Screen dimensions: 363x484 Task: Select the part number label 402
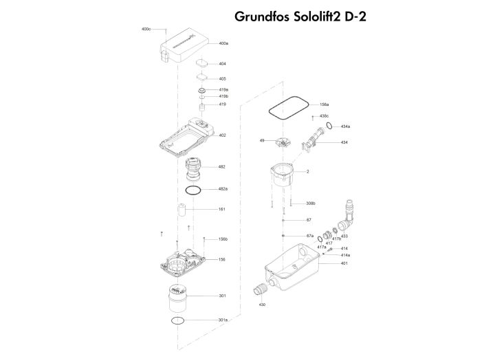point(222,135)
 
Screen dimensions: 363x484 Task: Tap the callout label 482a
point(223,188)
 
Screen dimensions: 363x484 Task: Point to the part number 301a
point(223,320)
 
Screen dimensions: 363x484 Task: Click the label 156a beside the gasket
point(324,104)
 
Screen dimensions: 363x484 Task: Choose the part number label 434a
point(345,126)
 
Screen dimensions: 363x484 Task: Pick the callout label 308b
point(311,203)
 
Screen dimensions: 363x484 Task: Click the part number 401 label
point(344,263)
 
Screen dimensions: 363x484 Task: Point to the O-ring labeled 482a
point(193,189)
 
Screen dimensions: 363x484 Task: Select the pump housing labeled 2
point(282,178)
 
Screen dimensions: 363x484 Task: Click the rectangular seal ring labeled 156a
point(287,108)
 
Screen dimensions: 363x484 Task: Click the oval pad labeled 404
point(202,63)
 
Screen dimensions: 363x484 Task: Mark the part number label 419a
point(223,89)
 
